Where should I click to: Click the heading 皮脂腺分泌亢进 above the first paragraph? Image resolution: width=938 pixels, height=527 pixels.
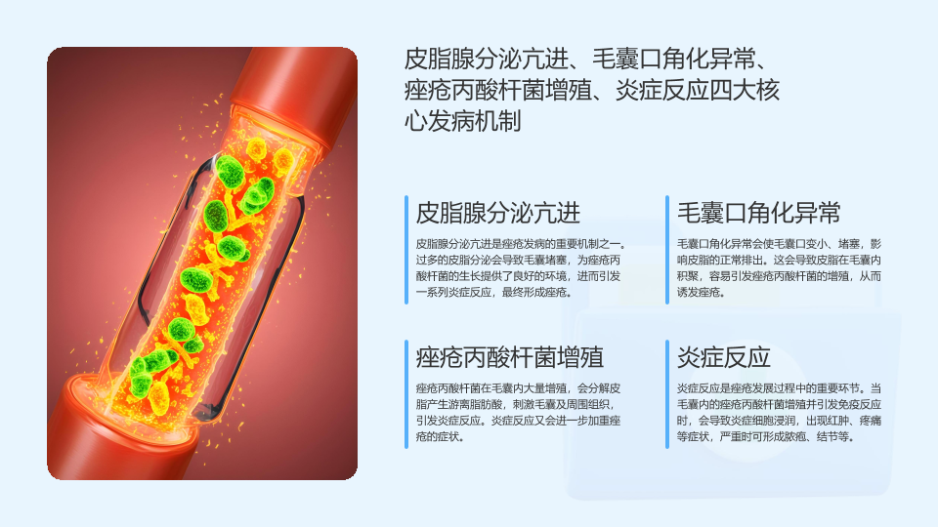[x=497, y=213]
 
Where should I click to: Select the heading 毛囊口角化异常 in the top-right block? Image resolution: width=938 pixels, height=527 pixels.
[x=758, y=213]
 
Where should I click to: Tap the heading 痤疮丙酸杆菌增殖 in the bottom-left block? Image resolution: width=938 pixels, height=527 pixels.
[x=510, y=357]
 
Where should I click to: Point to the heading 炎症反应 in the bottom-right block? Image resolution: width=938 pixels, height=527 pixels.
[x=723, y=357]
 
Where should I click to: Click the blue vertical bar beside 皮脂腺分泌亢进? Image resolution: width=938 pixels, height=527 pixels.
[x=406, y=250]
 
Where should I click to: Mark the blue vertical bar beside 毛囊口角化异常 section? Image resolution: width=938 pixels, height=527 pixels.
[x=667, y=250]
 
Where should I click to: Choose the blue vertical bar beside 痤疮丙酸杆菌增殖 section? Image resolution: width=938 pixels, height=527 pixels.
[x=406, y=393]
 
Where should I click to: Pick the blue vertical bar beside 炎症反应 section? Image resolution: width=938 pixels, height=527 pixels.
[x=667, y=393]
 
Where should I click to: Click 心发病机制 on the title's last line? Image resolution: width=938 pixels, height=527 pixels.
[x=462, y=121]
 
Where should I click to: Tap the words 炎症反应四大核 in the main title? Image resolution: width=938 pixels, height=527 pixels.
[x=698, y=90]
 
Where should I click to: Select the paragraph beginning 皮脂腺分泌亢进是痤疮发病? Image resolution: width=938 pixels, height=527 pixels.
[x=521, y=267]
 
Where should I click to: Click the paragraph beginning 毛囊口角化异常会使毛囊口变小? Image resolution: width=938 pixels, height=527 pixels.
[x=779, y=267]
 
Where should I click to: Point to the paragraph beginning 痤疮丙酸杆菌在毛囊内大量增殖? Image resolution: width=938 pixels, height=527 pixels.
[x=518, y=412]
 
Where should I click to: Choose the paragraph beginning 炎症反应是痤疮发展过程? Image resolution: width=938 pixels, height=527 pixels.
[x=779, y=412]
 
